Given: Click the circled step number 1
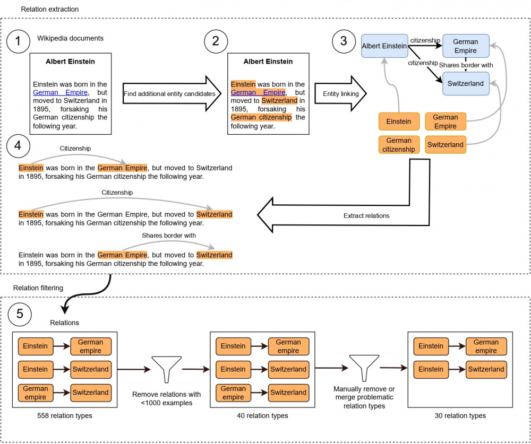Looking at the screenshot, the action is (x=18, y=41).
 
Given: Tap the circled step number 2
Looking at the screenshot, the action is (x=216, y=41).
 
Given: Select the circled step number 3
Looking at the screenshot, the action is (x=344, y=41).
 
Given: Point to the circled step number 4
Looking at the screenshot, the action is (x=18, y=146).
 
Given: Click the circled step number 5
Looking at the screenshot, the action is (x=20, y=314).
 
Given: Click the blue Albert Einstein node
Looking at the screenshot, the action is (x=384, y=46).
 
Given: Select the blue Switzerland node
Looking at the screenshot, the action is (x=466, y=84).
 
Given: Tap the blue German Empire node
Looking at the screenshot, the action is (x=466, y=46).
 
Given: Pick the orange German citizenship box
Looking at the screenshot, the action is (x=399, y=145).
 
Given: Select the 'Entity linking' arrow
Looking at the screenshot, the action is (x=341, y=93).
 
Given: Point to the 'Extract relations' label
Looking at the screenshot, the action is (x=366, y=215).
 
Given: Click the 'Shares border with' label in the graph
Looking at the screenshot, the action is (x=466, y=65).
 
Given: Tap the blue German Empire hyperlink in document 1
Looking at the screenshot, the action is (x=61, y=92).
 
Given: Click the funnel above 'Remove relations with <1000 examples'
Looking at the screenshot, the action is (x=167, y=369).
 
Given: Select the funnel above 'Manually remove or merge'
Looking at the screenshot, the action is (x=364, y=368).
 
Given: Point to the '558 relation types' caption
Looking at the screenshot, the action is (x=65, y=415).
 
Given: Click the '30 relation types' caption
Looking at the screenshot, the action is (x=460, y=415).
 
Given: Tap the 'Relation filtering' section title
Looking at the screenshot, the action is (x=38, y=288).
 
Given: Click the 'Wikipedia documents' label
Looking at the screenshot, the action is (x=70, y=38).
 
